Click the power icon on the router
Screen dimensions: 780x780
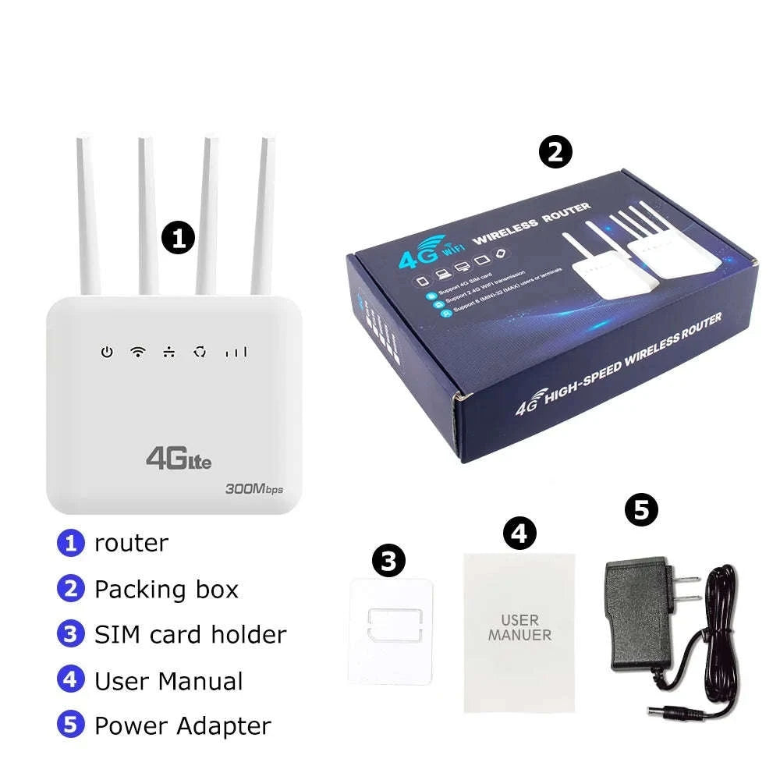click(x=107, y=352)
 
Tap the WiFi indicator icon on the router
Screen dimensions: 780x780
click(x=137, y=352)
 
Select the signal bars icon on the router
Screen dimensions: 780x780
click(x=236, y=353)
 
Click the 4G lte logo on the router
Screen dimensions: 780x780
click(x=178, y=459)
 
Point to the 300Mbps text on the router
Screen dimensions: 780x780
click(x=253, y=489)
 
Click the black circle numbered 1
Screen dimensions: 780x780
click(x=178, y=238)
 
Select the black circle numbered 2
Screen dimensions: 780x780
click(x=555, y=152)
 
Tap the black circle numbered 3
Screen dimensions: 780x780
click(x=388, y=558)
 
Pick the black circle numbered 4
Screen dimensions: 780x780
click(x=519, y=534)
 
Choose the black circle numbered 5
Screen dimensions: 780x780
click(x=641, y=510)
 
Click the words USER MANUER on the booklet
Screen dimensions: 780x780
click(x=519, y=628)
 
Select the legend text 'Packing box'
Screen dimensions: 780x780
click(x=166, y=589)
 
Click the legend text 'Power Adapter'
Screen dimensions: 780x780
click(x=183, y=725)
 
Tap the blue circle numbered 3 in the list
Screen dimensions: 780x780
click(x=70, y=634)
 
